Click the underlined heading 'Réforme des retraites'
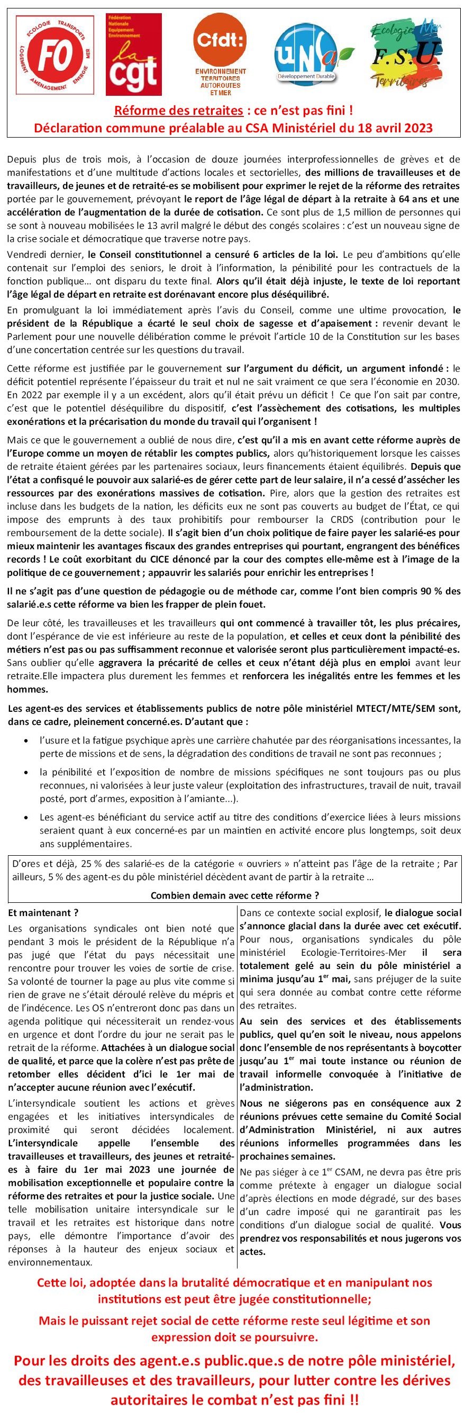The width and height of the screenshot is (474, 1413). point(178,111)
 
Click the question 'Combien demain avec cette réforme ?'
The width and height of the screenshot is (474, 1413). point(235,896)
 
